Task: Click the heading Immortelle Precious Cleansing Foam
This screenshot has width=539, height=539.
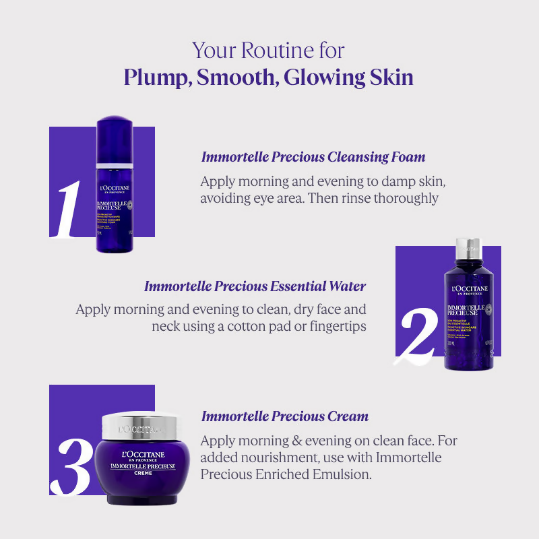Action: point(313,157)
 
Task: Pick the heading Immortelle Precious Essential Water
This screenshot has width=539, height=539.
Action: point(255,286)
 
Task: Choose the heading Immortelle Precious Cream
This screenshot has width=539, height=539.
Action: point(284,416)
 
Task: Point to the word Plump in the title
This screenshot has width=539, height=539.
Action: point(154,77)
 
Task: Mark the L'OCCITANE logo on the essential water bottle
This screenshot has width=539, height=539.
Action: point(469,290)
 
